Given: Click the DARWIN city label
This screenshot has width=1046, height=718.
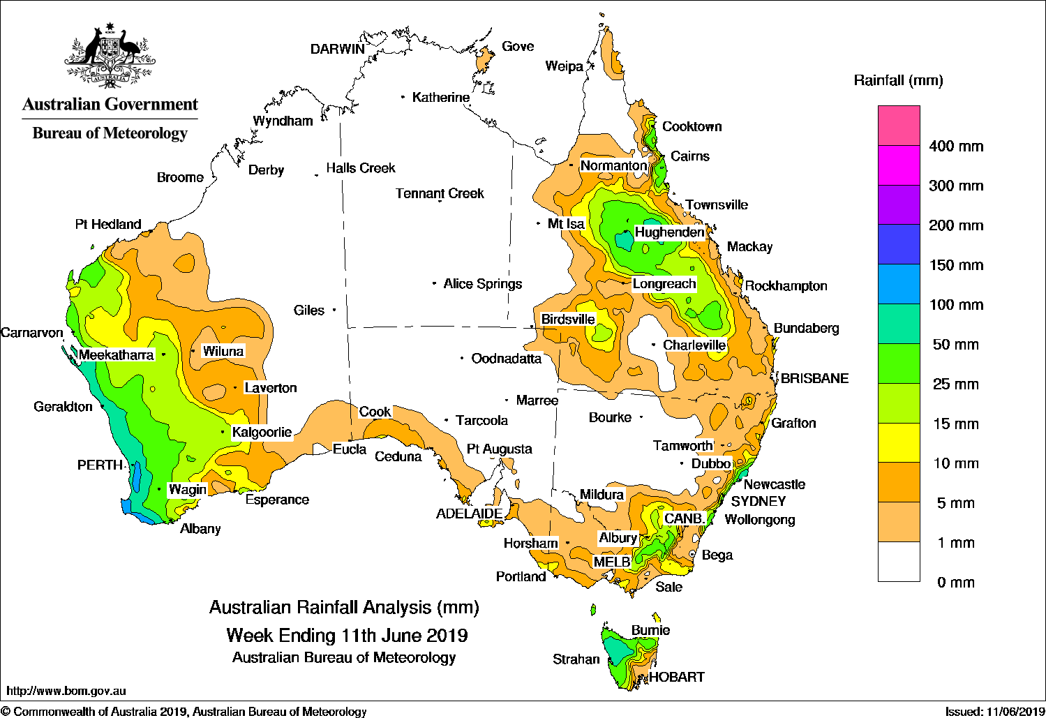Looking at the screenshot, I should tap(337, 49).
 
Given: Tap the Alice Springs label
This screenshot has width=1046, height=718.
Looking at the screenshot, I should tap(482, 284).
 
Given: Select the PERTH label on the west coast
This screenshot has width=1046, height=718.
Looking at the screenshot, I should tap(100, 465).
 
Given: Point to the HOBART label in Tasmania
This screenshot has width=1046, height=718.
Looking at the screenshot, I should tap(676, 677).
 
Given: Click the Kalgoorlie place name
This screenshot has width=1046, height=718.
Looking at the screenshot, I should tap(262, 432).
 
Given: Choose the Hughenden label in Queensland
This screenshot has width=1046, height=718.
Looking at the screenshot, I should tap(668, 232).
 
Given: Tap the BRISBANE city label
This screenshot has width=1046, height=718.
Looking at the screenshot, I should tap(814, 378).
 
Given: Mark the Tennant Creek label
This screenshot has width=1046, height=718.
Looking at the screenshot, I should tap(440, 193).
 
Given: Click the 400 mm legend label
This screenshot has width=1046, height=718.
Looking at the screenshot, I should tap(955, 147).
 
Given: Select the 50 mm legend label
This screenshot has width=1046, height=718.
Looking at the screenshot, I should tap(955, 345).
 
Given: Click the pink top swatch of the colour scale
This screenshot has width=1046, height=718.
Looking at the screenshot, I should tap(899, 126).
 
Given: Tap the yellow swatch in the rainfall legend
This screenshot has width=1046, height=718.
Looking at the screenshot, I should tap(899, 442).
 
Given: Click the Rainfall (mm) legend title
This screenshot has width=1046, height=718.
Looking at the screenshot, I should tap(898, 81).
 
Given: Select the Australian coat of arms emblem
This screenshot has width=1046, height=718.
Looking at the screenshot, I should tap(110, 56).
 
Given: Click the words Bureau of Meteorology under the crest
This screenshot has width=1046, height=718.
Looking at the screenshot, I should tap(110, 133).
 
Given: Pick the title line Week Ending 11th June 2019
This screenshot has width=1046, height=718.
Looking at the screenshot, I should tap(347, 636).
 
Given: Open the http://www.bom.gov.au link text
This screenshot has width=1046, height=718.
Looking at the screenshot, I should tap(66, 691).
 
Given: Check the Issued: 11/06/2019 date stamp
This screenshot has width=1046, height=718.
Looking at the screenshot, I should tap(993, 712).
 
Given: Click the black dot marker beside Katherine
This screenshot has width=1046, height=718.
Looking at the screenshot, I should tap(403, 97).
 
